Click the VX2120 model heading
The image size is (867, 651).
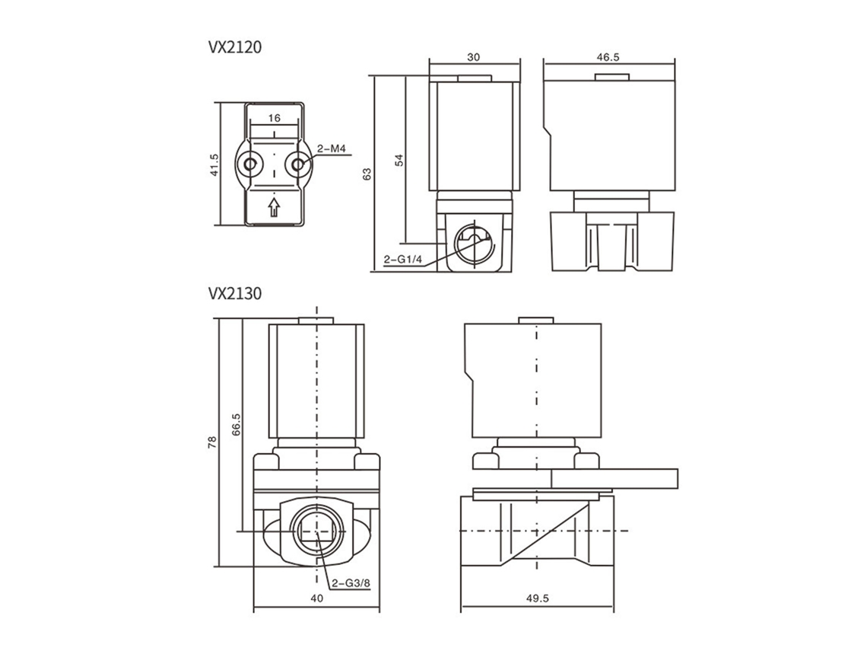pos(234,48)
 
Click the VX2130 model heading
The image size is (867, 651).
pos(234,293)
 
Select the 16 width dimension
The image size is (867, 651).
pos(275,118)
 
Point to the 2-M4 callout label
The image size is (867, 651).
pos(331,148)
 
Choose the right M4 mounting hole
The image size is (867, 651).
pos(299,164)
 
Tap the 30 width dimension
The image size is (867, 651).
pos(474,57)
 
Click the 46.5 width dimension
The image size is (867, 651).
pos(608,57)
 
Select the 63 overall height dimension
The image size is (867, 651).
pos(367,174)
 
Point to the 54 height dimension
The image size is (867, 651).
pos(400,159)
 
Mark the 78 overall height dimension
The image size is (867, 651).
pos(213,442)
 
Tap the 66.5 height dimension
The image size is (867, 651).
pos(236,425)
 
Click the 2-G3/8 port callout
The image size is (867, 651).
pos(351,582)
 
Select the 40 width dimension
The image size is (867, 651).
pos(317,598)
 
